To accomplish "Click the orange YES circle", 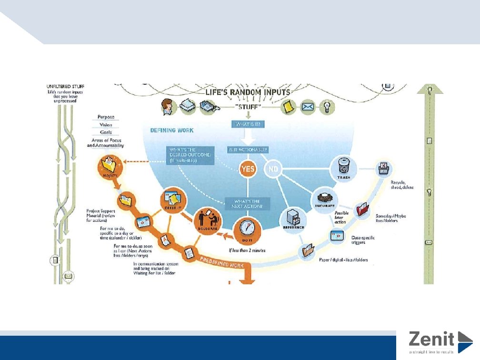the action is point(247,169).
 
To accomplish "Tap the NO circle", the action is point(273,169).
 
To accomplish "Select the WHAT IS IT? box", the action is point(247,124).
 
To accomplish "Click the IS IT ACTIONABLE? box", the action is point(248,150).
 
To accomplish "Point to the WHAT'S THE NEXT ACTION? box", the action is point(247,203).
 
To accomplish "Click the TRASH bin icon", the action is point(344,167).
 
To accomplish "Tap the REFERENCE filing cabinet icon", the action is point(293,219).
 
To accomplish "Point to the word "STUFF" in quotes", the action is point(248,108).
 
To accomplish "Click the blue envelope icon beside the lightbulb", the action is point(308,107).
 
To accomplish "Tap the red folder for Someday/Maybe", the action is point(363,210).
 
